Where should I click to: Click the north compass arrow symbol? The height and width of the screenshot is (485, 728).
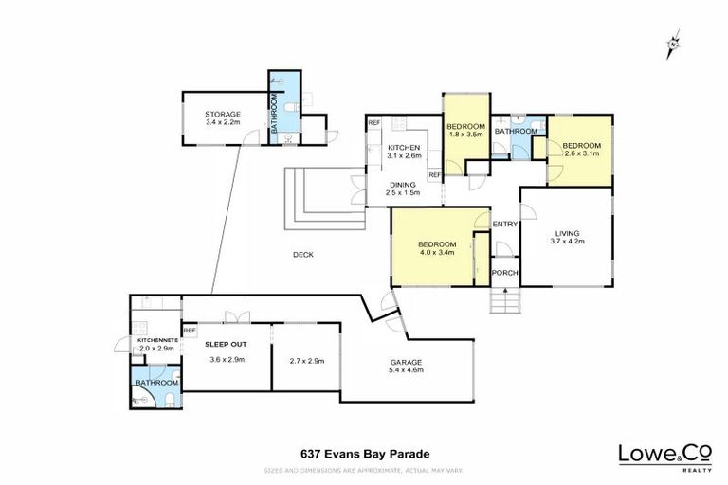(x=673, y=43)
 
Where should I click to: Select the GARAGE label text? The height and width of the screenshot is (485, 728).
(x=406, y=362)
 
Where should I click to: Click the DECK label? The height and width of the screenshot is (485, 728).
(x=302, y=254)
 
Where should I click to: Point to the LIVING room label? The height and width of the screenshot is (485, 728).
(x=567, y=232)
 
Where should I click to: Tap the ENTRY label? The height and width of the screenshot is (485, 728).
(x=504, y=224)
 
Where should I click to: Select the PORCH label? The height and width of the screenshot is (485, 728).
(x=505, y=274)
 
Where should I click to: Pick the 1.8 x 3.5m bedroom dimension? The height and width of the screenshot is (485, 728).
(x=466, y=135)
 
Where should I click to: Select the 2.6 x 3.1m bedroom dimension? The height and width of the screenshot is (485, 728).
(x=580, y=153)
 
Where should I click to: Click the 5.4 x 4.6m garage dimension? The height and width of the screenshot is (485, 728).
(x=406, y=372)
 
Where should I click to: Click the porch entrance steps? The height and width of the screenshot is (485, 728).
(x=504, y=302)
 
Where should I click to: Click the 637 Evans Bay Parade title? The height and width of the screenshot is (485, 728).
(x=364, y=453)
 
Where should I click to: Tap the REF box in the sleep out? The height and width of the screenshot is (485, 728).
(x=190, y=331)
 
